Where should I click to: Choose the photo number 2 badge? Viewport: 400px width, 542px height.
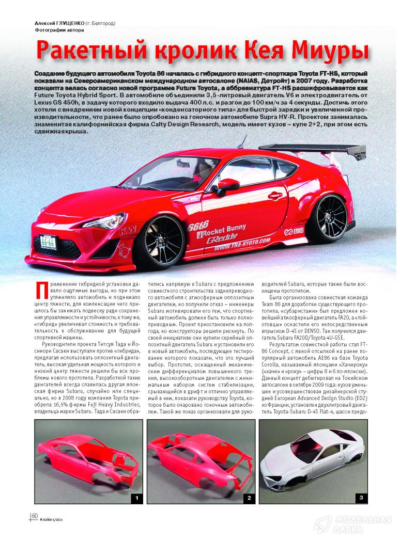pos(249,498)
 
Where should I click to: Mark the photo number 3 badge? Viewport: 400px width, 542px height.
pos(362,498)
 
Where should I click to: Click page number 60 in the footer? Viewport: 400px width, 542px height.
pos(34,516)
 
